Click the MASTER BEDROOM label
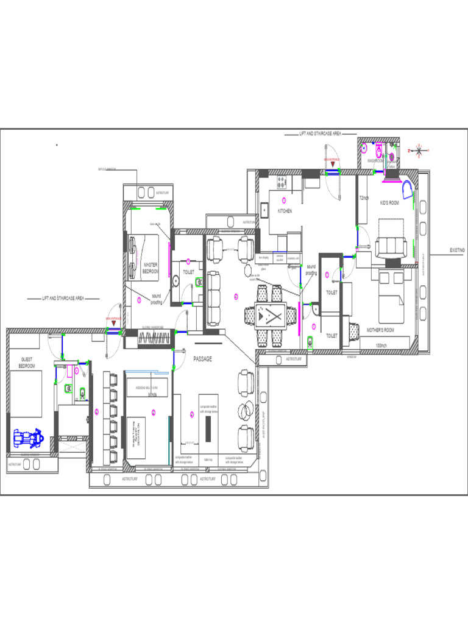(150, 268)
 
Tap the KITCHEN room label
(285, 211)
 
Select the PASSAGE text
(203, 360)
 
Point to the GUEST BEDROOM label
(27, 363)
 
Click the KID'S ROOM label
(389, 203)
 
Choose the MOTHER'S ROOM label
(381, 330)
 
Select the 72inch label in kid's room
(364, 198)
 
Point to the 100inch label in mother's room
(382, 346)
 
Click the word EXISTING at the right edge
(458, 250)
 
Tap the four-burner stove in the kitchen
(282, 181)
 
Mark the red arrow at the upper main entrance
(332, 164)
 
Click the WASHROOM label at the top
(375, 161)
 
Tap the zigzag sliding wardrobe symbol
(147, 339)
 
